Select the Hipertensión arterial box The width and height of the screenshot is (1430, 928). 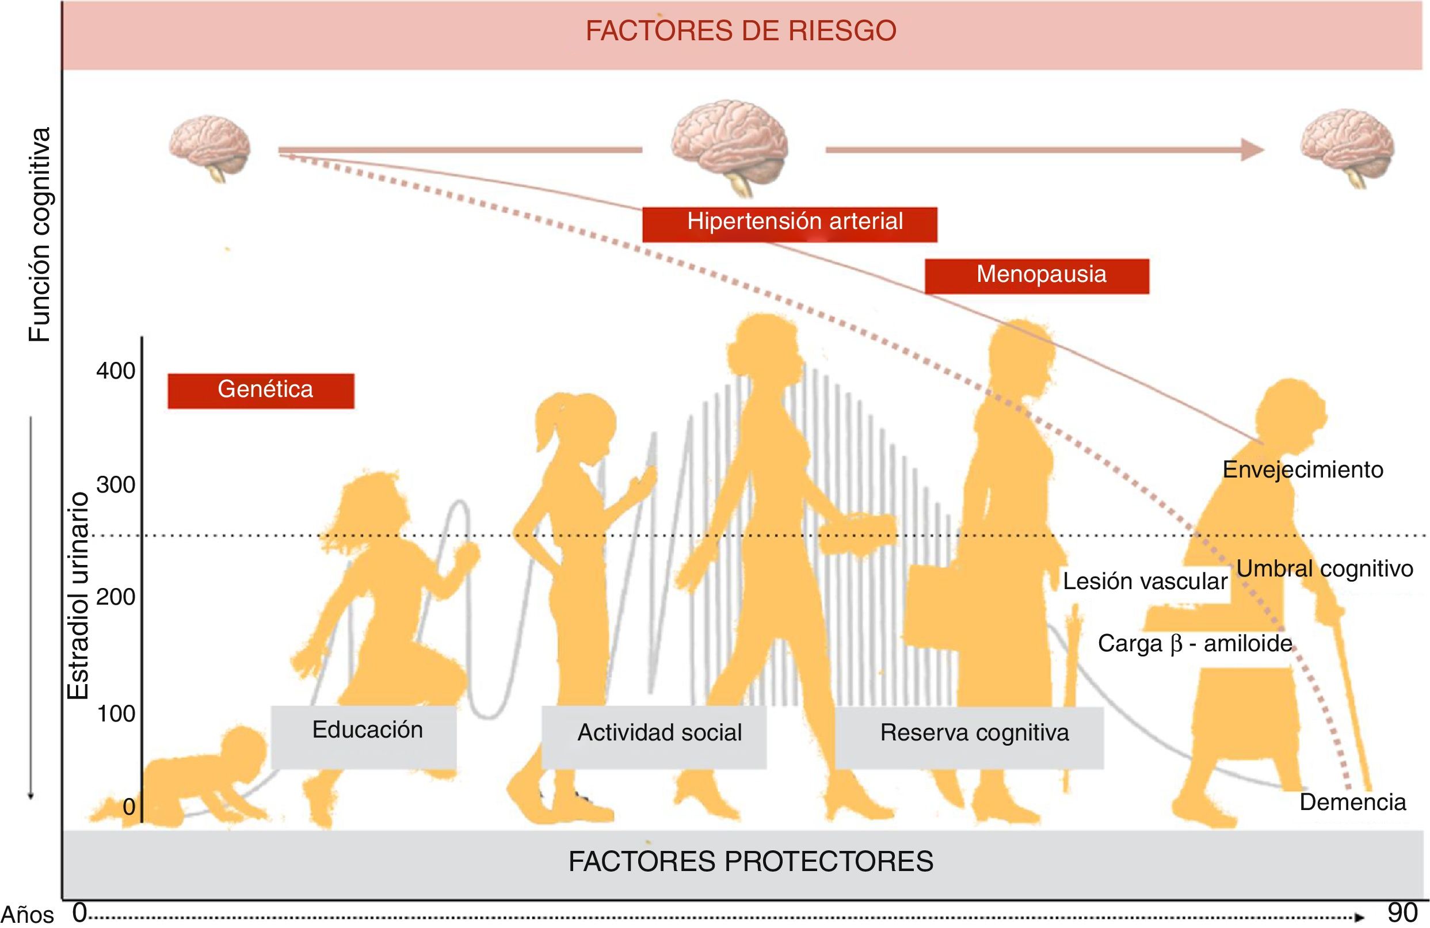[x=790, y=223]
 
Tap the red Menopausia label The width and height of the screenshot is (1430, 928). [x=1036, y=276]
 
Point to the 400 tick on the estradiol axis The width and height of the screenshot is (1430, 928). [x=116, y=371]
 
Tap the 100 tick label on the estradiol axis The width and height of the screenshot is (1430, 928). [x=116, y=714]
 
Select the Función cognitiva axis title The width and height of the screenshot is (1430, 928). [x=40, y=234]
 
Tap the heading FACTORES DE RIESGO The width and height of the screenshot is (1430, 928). [x=741, y=32]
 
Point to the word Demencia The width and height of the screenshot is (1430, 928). [x=1352, y=803]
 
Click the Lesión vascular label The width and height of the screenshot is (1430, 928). [x=1145, y=582]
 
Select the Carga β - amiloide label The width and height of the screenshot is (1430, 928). [x=1195, y=644]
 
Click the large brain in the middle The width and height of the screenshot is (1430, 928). [x=730, y=147]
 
